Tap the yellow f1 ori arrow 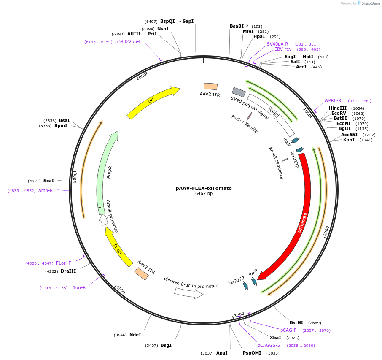pyautogui.click(x=118, y=247)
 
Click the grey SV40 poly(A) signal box pyautogui.click(x=239, y=92)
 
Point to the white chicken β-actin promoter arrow pyautogui.click(x=189, y=293)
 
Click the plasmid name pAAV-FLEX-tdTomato pyautogui.click(x=204, y=188)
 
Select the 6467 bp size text pyautogui.click(x=204, y=193)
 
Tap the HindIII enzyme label pyautogui.click(x=338, y=108)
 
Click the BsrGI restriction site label pyautogui.click(x=296, y=322)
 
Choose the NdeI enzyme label pyautogui.click(x=135, y=335)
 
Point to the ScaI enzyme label pyautogui.click(x=48, y=181)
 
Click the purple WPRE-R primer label pyautogui.click(x=333, y=100)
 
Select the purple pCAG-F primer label pyautogui.click(x=288, y=330)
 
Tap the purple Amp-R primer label pyautogui.click(x=46, y=190)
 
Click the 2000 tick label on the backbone pyautogui.click(x=326, y=231)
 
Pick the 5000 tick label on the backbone pyautogui.click(x=75, y=177)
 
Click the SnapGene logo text pyautogui.click(x=371, y=3)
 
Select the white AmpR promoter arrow pyautogui.click(x=104, y=219)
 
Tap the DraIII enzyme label pyautogui.click(x=68, y=271)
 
